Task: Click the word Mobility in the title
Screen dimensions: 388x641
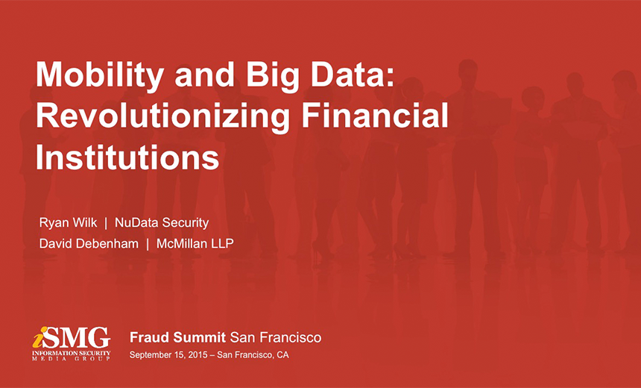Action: pos(96,75)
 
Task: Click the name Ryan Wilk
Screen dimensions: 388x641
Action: pos(68,222)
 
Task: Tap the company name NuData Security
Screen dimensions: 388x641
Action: pos(162,222)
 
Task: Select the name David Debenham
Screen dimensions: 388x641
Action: pos(89,243)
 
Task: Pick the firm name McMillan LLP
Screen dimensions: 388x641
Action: pos(195,243)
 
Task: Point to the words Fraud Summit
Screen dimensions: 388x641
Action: pos(177,337)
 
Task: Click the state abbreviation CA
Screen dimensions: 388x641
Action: pos(282,355)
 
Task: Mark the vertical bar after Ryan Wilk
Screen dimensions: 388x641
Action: pos(106,222)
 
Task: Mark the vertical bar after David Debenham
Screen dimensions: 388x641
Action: pos(148,243)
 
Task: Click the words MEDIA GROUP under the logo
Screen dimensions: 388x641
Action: pos(72,359)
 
